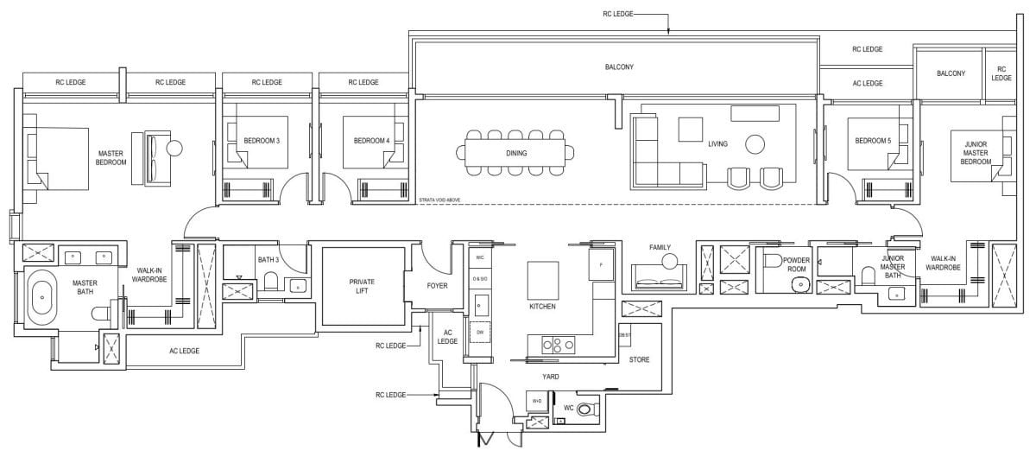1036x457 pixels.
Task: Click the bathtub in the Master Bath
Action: click(x=41, y=298)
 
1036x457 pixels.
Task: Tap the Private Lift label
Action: click(x=362, y=286)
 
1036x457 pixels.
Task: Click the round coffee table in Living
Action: click(x=755, y=143)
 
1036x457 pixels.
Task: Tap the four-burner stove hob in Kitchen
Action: click(x=557, y=345)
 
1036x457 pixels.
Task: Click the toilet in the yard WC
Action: click(x=588, y=408)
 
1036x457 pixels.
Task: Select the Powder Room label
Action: click(x=795, y=263)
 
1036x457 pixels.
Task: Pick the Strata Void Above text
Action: click(x=438, y=200)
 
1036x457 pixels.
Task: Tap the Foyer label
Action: click(x=437, y=285)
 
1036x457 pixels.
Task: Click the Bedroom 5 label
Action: click(x=871, y=141)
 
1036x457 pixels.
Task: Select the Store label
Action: click(x=639, y=359)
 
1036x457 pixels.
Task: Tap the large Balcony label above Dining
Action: click(x=618, y=67)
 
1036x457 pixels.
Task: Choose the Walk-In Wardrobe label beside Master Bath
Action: click(x=148, y=274)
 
